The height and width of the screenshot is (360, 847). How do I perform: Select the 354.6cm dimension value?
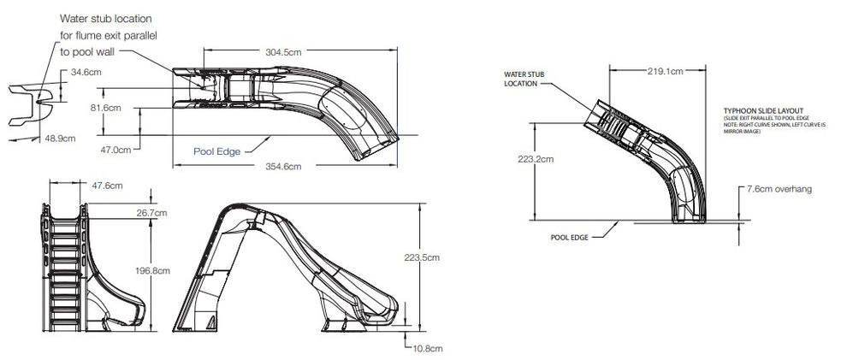281,166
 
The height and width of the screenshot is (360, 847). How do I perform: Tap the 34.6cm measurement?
86,72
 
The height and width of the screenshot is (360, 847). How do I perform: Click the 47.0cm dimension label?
116,150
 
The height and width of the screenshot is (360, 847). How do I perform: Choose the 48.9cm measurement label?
59,138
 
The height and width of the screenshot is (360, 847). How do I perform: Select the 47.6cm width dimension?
107,186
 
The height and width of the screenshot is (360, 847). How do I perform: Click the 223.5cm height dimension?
446,257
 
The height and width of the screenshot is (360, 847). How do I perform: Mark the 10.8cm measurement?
429,348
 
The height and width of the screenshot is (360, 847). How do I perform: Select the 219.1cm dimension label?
664,72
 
